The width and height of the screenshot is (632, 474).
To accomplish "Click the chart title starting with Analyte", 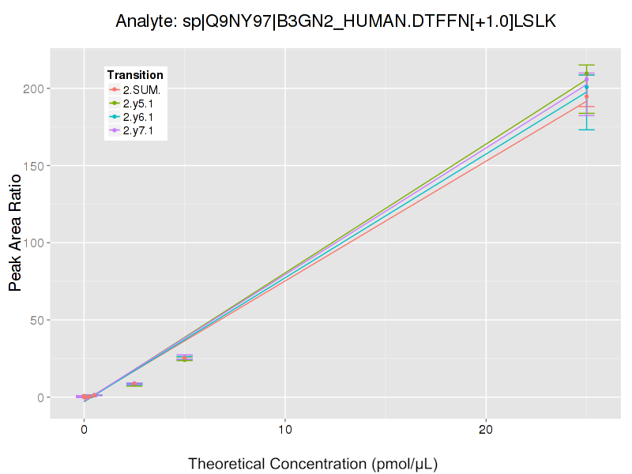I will [x=336, y=21].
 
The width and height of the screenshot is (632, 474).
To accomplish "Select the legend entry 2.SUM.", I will [x=141, y=90].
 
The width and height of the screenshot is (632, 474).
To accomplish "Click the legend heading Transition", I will [x=135, y=75].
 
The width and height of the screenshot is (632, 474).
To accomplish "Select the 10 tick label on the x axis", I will [x=284, y=430].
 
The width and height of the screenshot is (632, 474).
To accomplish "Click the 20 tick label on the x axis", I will [x=485, y=430].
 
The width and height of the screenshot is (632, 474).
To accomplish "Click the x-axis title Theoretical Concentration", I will [x=313, y=463].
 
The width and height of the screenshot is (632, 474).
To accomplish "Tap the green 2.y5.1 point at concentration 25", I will [x=586, y=73].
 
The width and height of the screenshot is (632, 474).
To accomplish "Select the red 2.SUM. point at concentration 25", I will [x=586, y=96].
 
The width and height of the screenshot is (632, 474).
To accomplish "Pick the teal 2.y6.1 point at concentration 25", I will [x=586, y=87].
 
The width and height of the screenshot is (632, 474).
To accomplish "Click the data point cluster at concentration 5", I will [x=184, y=358].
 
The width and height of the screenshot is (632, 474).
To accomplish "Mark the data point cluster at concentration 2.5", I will [x=134, y=384].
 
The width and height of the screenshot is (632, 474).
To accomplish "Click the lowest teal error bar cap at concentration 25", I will [x=586, y=130].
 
